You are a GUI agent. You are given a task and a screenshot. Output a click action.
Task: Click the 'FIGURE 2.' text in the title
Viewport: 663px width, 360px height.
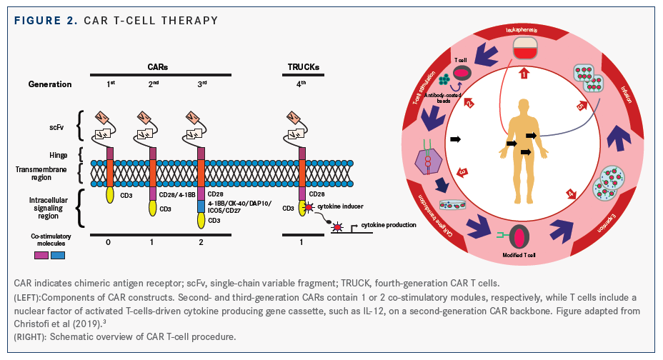(41, 19)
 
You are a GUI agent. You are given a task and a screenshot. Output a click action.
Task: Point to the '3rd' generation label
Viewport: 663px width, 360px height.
(202, 84)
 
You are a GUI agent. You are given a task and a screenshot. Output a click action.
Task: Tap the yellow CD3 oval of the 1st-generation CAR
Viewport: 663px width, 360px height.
(110, 195)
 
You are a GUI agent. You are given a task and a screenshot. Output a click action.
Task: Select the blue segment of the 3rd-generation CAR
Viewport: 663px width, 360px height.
(201, 207)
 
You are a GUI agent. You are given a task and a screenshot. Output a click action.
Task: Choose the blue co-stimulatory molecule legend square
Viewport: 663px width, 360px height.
(58, 254)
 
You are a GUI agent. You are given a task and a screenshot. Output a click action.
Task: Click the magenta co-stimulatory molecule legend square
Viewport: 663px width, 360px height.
(42, 254)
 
